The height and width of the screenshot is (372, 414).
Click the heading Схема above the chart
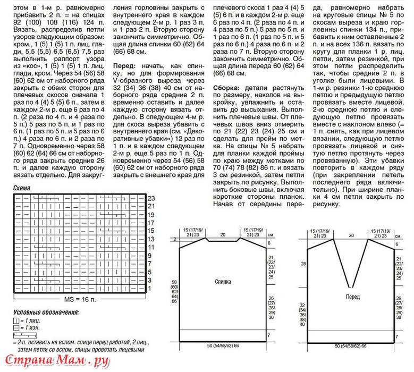(22, 188)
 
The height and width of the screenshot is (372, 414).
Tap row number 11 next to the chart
(150, 247)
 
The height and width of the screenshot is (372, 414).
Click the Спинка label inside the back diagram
(223, 282)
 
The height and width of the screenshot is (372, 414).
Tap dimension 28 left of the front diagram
(303, 264)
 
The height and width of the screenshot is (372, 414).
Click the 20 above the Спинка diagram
(223, 234)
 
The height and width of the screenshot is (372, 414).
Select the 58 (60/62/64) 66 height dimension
(174, 290)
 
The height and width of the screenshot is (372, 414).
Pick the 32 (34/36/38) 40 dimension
(303, 314)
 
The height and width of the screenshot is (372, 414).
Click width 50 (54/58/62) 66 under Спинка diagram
(223, 346)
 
